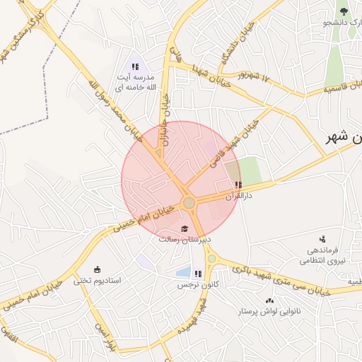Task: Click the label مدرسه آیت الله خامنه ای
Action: point(135,81)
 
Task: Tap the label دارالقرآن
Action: point(238,196)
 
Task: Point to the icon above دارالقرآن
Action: point(238,185)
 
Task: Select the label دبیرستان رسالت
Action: point(184,239)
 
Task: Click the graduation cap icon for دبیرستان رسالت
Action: point(185,228)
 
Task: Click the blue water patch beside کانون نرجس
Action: point(183,272)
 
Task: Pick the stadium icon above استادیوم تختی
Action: point(98,269)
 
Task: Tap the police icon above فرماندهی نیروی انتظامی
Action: point(322,238)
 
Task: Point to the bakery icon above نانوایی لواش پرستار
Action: point(269,300)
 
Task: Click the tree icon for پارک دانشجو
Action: point(344,11)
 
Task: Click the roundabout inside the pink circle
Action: point(189,204)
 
